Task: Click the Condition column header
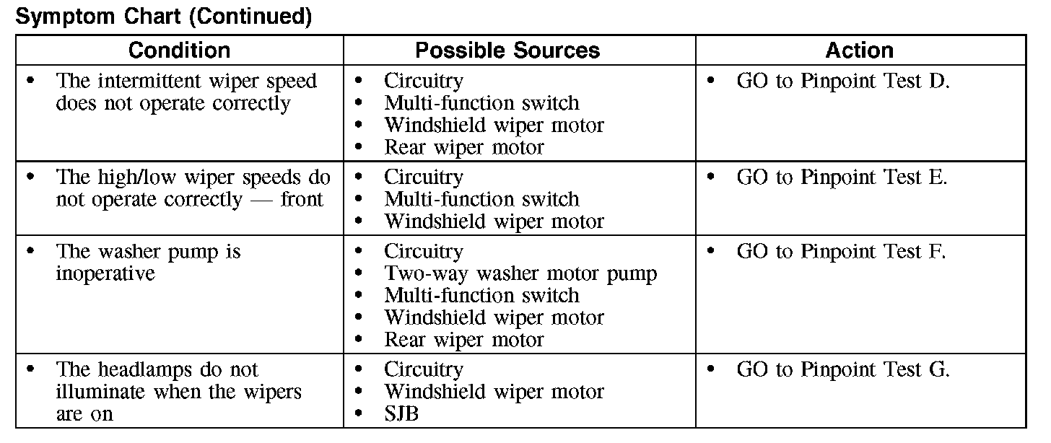coord(179,51)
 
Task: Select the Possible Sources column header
coord(507,51)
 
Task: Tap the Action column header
coord(859,51)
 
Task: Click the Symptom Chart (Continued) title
coord(164,17)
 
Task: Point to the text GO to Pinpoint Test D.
coord(843,81)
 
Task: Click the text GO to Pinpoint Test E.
coord(842,177)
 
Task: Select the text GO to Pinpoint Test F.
coord(841,251)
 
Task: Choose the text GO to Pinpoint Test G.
coord(843,369)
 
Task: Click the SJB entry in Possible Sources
coord(401,414)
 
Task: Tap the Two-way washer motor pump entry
coord(520,273)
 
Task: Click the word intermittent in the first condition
coord(150,81)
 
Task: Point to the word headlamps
coord(145,370)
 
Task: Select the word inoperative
coord(105,273)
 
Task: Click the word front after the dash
coord(302,199)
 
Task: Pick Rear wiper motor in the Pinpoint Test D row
coord(463,147)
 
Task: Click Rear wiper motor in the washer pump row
coord(463,339)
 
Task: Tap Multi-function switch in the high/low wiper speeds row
coord(481,199)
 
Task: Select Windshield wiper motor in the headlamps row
coord(494,392)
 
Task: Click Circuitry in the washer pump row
coord(423,252)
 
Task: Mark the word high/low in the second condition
coord(136,177)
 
